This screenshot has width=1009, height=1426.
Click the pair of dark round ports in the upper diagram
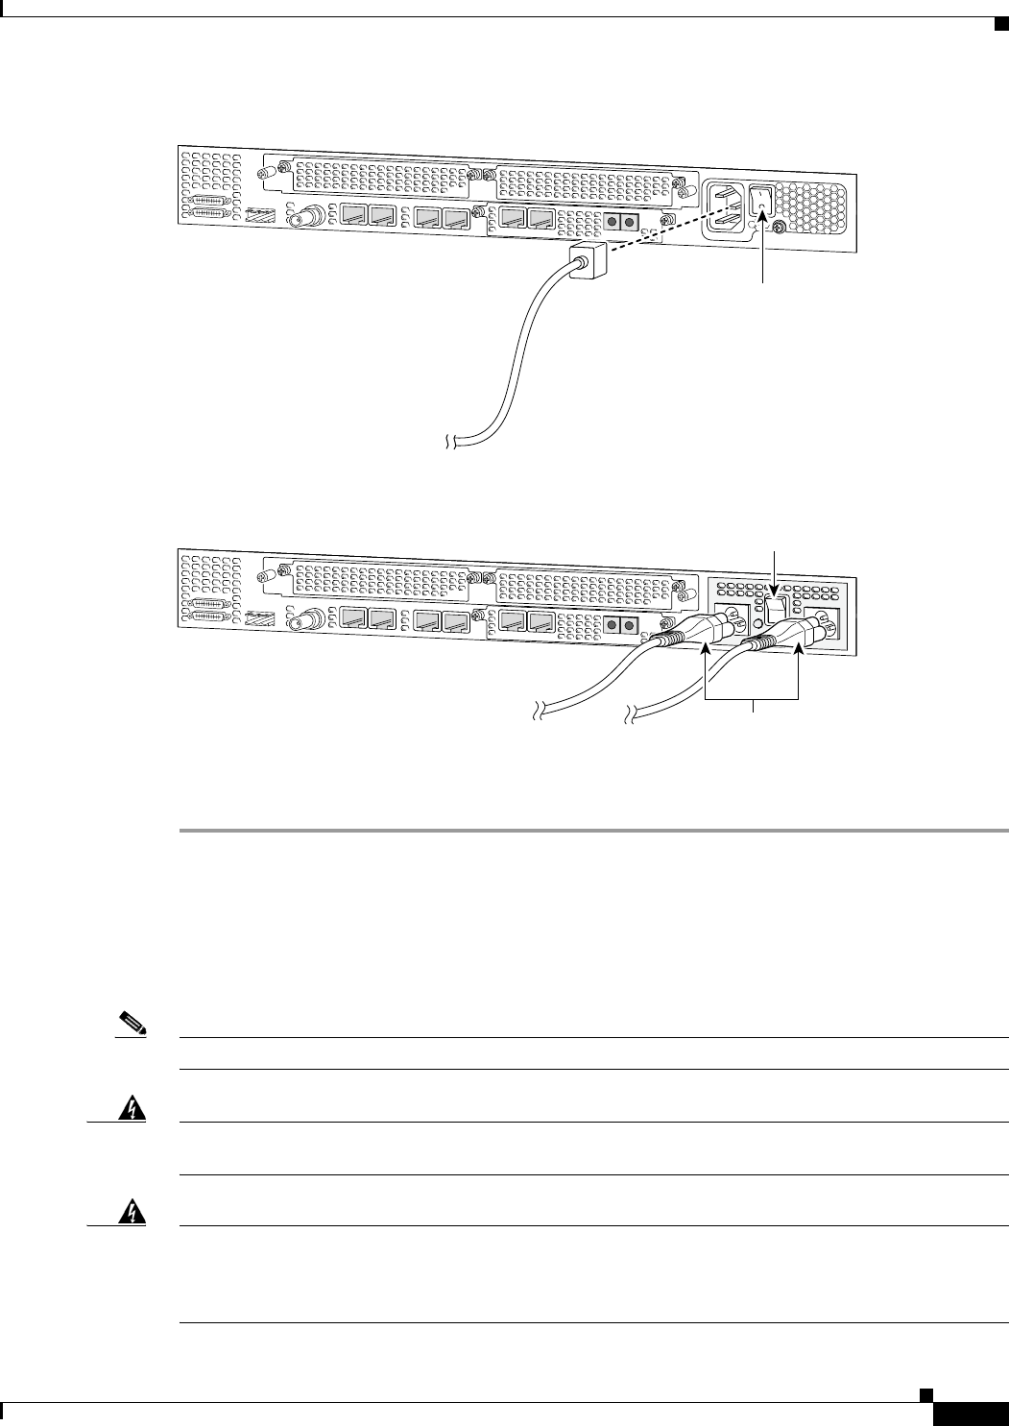(x=619, y=222)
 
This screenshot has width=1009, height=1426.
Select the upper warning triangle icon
(x=126, y=1109)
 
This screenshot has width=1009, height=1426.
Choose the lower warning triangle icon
(x=126, y=1213)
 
